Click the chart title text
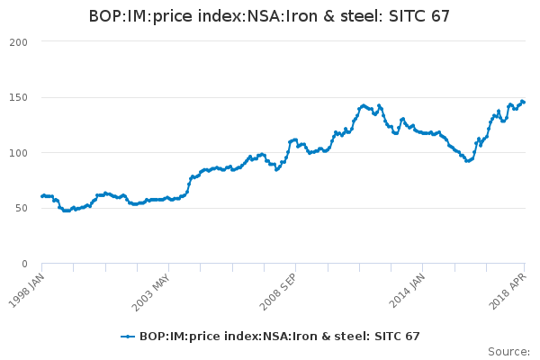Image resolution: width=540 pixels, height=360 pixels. pos(269,16)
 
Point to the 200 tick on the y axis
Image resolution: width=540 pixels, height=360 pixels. pos(18,42)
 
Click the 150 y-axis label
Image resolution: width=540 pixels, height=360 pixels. pos(18,97)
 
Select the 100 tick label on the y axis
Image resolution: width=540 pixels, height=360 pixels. pos(18,153)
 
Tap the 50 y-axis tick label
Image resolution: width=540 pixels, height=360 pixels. pos(22,208)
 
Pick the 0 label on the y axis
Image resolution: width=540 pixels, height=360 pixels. pos(25,264)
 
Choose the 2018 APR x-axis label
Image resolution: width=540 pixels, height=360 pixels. pos(510,287)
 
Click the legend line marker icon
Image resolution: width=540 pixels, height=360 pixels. pos(128,337)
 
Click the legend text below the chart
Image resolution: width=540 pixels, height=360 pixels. pos(279,337)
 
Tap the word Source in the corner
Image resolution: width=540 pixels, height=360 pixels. pos(508,351)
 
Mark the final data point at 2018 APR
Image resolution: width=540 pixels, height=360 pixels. pos(524,102)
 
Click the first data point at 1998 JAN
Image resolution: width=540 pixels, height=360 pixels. pos(42,195)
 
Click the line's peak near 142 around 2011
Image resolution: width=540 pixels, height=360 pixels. pos(363,105)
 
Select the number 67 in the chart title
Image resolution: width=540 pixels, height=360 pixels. pos(439,16)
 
